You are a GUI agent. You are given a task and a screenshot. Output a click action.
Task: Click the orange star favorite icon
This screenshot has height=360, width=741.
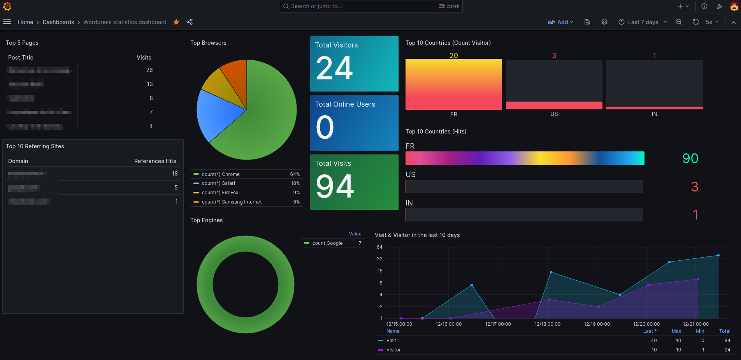tap(176, 22)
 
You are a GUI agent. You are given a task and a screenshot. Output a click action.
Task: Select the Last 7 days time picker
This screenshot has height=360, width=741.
tap(643, 22)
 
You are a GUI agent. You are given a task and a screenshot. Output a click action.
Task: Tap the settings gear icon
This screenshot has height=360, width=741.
tap(604, 22)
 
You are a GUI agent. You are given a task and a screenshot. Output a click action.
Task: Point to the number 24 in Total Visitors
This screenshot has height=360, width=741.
tap(334, 68)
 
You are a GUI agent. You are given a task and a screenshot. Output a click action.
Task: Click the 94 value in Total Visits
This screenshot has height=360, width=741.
tap(335, 186)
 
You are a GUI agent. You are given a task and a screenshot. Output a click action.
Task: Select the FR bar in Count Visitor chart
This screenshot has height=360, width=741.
tap(453, 84)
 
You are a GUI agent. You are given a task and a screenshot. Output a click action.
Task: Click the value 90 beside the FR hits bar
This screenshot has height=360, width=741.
tap(690, 158)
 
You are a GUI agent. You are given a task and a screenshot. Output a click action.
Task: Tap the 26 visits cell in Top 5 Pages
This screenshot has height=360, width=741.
tap(149, 70)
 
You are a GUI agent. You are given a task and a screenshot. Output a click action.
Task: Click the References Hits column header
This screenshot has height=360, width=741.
tap(155, 161)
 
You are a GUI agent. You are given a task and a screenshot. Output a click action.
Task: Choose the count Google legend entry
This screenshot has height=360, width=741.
tap(327, 243)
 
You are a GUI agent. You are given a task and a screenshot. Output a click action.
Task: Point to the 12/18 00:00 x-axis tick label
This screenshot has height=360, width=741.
tap(547, 324)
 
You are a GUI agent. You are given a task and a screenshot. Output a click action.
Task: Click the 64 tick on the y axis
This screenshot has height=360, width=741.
tap(379, 247)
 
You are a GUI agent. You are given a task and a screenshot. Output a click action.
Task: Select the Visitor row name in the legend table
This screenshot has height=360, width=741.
tap(393, 350)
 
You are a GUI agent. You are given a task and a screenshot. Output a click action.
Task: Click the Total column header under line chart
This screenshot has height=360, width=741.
tap(724, 331)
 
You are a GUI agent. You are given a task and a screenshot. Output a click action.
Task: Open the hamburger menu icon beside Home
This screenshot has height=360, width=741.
tap(7, 22)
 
